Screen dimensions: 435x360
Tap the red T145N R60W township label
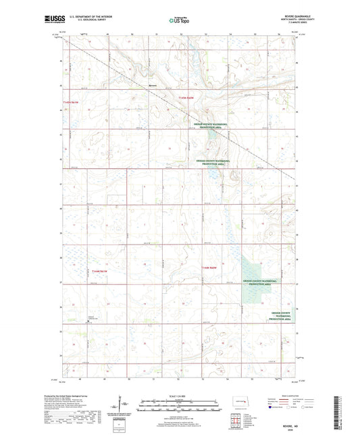(x=186, y=99)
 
